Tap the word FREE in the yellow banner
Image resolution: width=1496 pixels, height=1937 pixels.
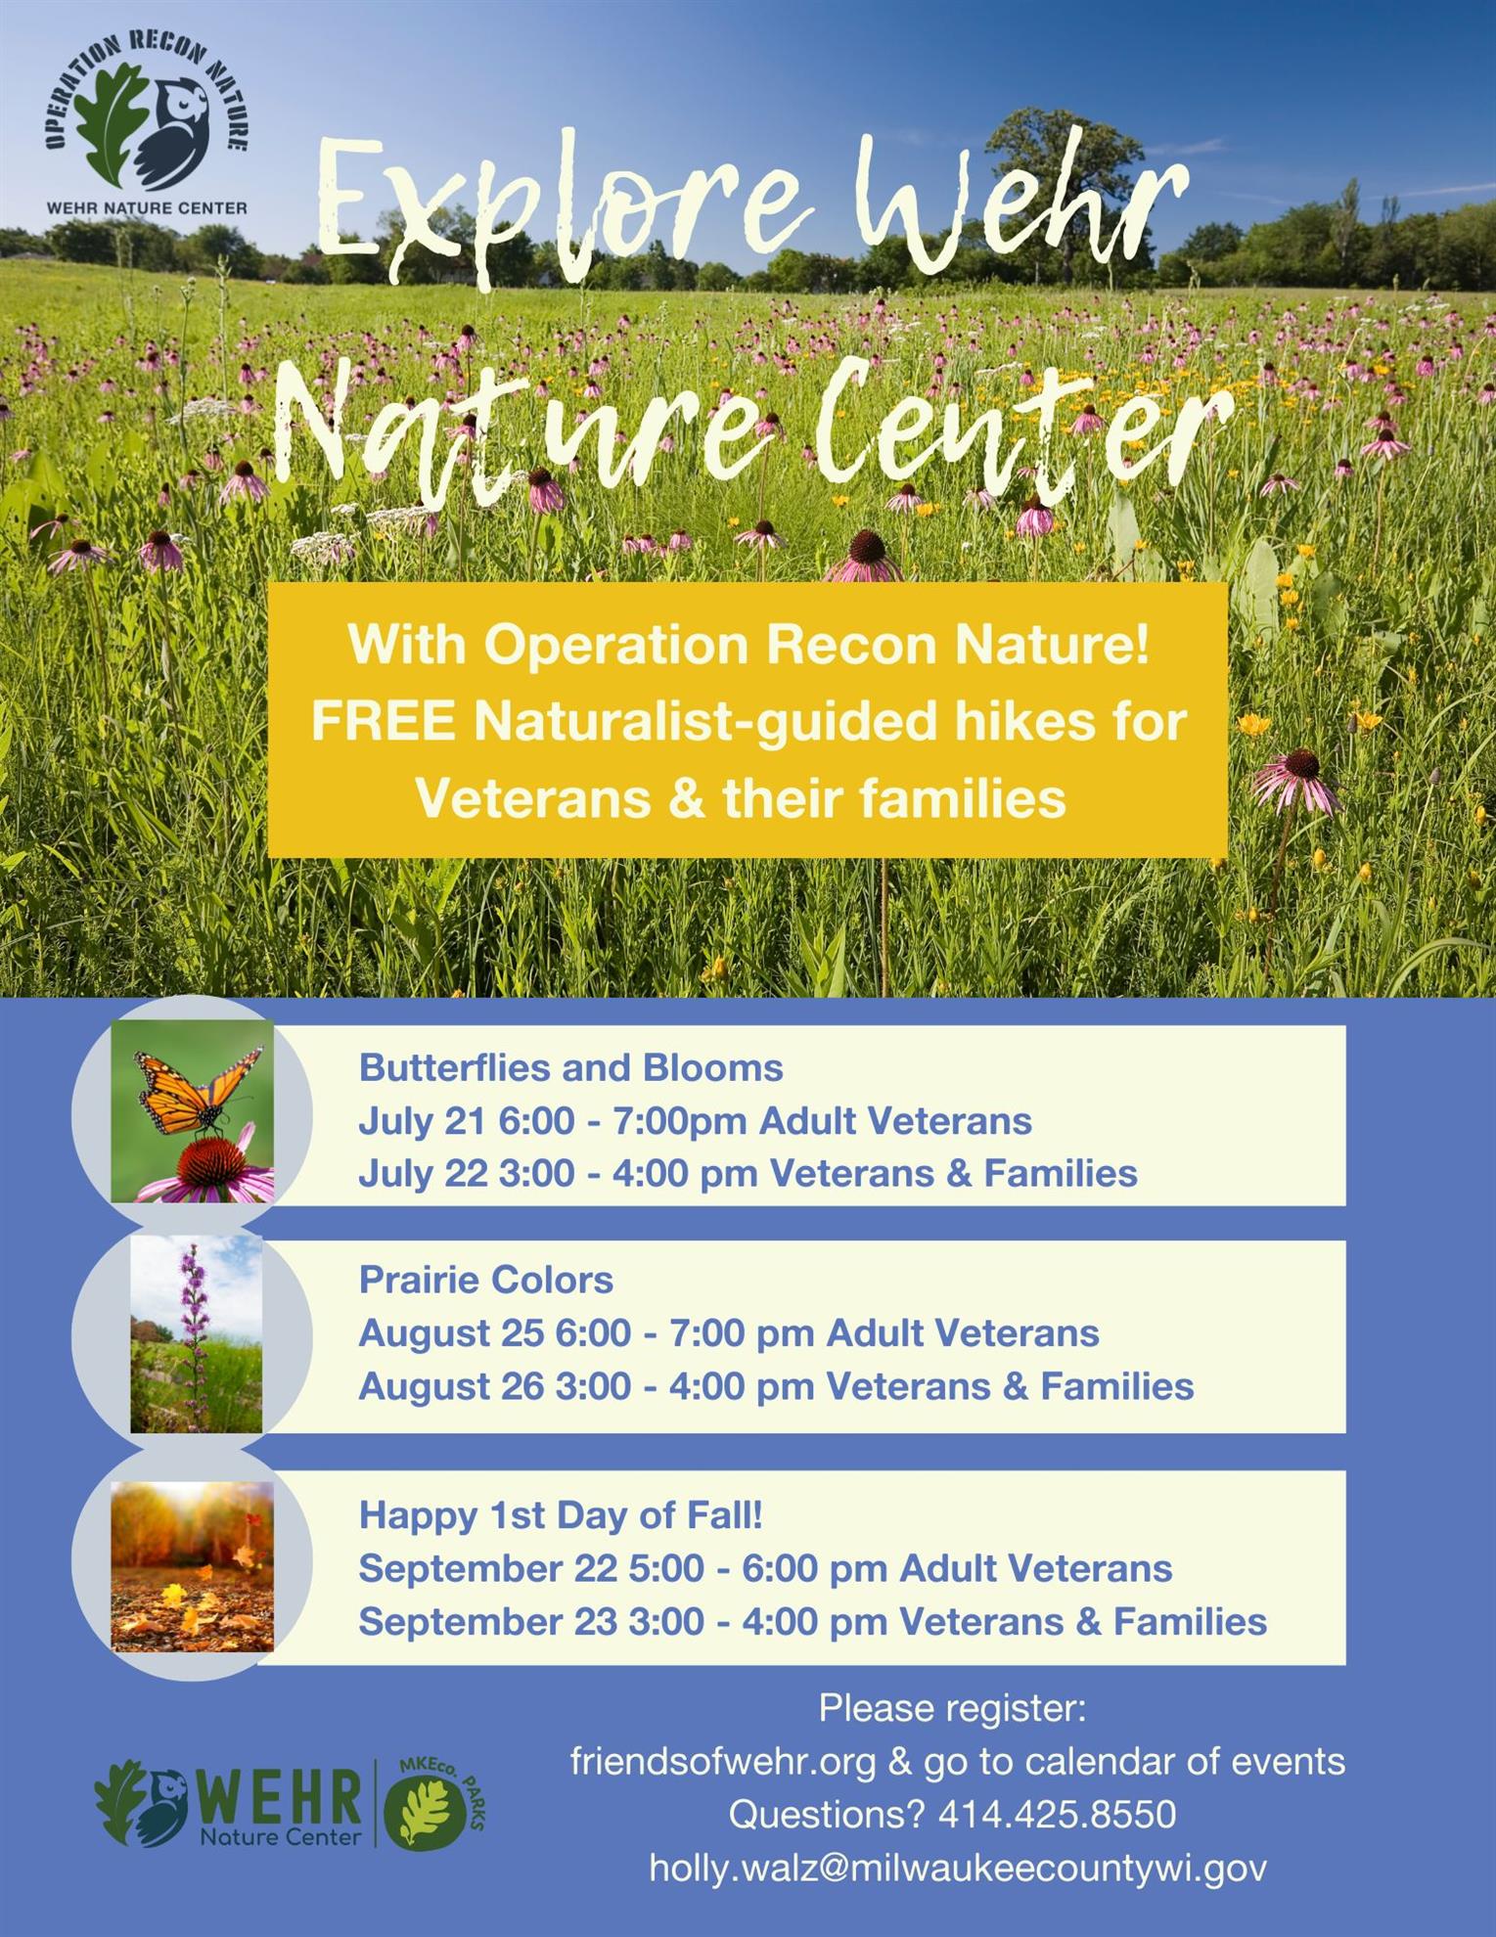pos(384,722)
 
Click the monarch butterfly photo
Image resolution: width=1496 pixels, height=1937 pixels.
pos(193,1111)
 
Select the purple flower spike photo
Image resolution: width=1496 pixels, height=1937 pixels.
pos(197,1333)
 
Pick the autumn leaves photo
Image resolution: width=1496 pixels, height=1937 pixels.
pos(193,1566)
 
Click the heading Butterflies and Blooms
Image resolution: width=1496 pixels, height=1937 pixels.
pos(571,1067)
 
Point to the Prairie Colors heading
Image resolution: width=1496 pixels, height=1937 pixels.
pos(486,1280)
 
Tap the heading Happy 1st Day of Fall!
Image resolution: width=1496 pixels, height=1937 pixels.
pos(561,1515)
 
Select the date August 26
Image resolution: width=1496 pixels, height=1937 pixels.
pos(451,1386)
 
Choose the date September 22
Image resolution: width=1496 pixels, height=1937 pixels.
pos(488,1569)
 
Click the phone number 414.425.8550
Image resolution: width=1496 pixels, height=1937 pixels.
pos(1057,1815)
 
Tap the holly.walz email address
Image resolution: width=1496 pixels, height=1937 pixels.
pos(958,1869)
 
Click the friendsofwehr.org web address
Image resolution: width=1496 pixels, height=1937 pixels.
pos(723,1762)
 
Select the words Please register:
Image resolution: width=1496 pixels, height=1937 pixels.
pos(952,1709)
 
